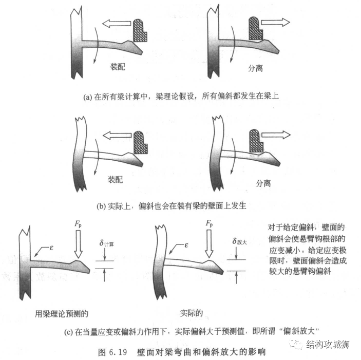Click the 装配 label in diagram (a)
(x=118, y=67)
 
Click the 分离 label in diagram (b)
(x=263, y=183)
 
